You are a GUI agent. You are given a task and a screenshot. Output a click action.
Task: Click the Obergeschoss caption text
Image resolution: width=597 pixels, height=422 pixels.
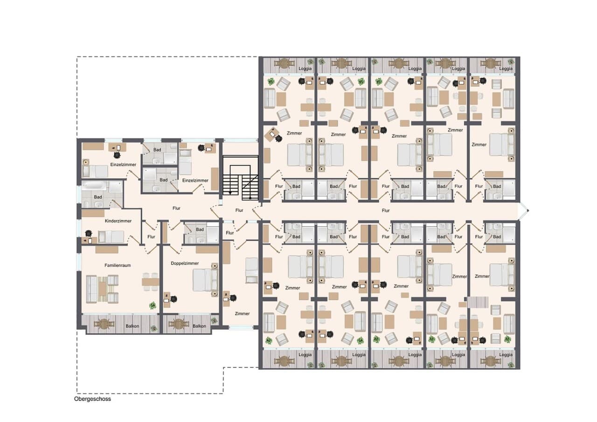pyautogui.click(x=92, y=399)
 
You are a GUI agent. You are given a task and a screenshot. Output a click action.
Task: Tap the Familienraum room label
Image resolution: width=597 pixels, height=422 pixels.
pyautogui.click(x=118, y=265)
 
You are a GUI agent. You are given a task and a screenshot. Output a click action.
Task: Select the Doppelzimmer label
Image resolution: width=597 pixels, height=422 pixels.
pyautogui.click(x=185, y=263)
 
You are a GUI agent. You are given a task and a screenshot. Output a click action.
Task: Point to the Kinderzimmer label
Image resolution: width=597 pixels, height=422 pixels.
pyautogui.click(x=118, y=221)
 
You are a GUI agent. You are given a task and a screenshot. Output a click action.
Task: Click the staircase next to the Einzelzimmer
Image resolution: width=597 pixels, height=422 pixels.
pyautogui.click(x=240, y=178)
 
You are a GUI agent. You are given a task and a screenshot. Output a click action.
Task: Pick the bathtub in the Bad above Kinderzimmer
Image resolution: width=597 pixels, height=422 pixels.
pyautogui.click(x=95, y=186)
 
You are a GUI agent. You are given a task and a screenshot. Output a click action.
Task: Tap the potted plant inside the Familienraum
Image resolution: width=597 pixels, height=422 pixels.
pyautogui.click(x=153, y=305)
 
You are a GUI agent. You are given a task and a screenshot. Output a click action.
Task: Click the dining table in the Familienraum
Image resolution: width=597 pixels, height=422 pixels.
pyautogui.click(x=150, y=282)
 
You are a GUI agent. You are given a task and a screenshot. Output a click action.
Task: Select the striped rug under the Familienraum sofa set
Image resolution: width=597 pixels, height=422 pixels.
pyautogui.click(x=102, y=289)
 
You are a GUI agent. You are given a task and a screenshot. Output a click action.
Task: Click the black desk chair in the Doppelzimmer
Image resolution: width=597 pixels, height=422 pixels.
pyautogui.click(x=174, y=299)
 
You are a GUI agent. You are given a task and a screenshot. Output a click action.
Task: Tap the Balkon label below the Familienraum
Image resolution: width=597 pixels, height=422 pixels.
pyautogui.click(x=132, y=326)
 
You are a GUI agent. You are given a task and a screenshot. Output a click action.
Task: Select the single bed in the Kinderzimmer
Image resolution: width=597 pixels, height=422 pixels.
pyautogui.click(x=111, y=237)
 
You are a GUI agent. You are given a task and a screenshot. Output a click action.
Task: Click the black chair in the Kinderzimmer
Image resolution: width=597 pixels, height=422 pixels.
pyautogui.click(x=89, y=234)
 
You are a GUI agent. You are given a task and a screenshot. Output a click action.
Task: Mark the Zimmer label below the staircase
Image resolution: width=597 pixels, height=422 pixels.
pyautogui.click(x=242, y=313)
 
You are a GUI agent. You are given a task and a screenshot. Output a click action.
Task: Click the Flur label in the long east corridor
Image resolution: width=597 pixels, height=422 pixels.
pyautogui.click(x=386, y=210)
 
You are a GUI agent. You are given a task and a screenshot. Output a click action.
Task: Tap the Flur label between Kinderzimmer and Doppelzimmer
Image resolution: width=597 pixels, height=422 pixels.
pyautogui.click(x=152, y=236)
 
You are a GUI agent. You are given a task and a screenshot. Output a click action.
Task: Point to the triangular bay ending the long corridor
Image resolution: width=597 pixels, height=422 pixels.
pyautogui.click(x=523, y=211)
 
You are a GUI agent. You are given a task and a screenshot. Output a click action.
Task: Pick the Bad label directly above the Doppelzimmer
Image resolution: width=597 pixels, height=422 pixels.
pyautogui.click(x=200, y=229)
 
